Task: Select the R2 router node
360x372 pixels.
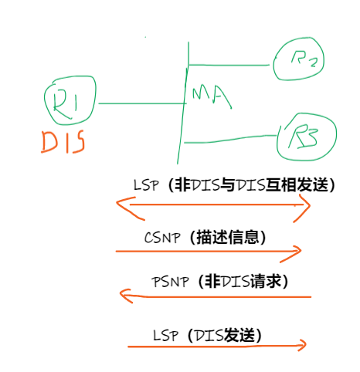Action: [x=297, y=59]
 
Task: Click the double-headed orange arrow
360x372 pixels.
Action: [x=212, y=205]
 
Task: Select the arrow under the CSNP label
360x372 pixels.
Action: [x=209, y=251]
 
